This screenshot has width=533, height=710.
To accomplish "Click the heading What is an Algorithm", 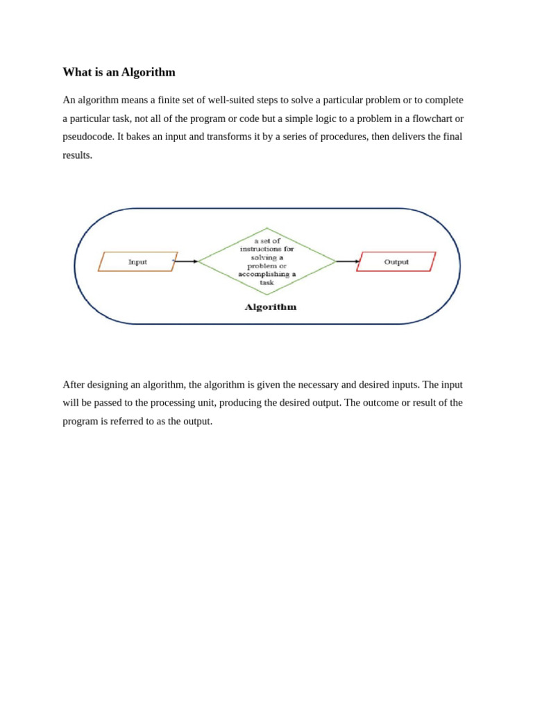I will (119, 72).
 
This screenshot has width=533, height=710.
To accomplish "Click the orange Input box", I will (137, 261).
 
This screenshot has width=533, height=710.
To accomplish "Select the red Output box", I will (396, 261).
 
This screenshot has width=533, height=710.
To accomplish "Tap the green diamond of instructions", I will (266, 261).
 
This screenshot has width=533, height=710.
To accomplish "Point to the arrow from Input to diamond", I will (185, 261).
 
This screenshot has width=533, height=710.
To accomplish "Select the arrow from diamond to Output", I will (348, 261).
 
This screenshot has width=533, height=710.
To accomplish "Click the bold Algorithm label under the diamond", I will (270, 306).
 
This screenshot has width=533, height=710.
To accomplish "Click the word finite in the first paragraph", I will (171, 100).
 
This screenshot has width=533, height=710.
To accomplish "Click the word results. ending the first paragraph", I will (77, 155).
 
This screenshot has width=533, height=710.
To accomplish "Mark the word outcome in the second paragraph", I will (380, 403).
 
